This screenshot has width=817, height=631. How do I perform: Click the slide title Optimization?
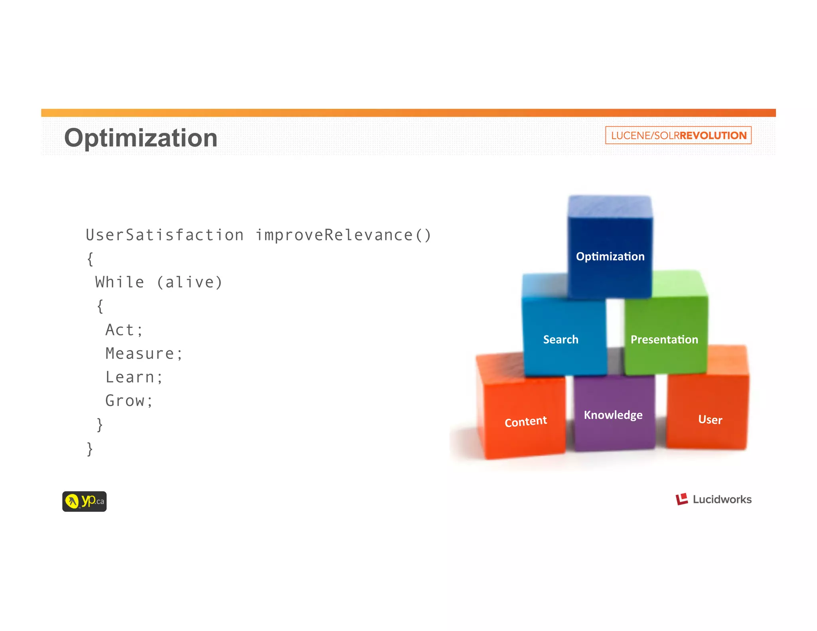141,138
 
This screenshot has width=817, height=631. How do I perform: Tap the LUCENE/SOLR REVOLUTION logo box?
678,135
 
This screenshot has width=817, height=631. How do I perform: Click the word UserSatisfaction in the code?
164,235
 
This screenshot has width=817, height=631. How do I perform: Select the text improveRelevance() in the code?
343,235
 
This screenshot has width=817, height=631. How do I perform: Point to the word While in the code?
120,282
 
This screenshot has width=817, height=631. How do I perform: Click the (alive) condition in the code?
189,282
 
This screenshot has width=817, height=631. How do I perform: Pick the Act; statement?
124,330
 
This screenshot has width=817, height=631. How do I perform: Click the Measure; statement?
144,353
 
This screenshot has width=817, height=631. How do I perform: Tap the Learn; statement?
134,377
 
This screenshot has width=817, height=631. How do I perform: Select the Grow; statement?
129,400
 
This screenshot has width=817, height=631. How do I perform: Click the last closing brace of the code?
90,449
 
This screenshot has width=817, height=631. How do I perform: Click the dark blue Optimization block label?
610,256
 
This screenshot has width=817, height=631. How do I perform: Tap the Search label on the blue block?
560,339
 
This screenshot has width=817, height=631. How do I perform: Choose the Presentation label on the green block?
664,339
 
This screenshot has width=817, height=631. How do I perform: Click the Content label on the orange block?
526,421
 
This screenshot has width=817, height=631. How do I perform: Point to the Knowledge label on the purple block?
613,415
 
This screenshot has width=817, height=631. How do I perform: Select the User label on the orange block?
710,420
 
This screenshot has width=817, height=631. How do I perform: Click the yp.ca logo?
85,501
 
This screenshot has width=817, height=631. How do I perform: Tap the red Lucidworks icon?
682,499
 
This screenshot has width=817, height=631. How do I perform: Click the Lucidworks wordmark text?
722,499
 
